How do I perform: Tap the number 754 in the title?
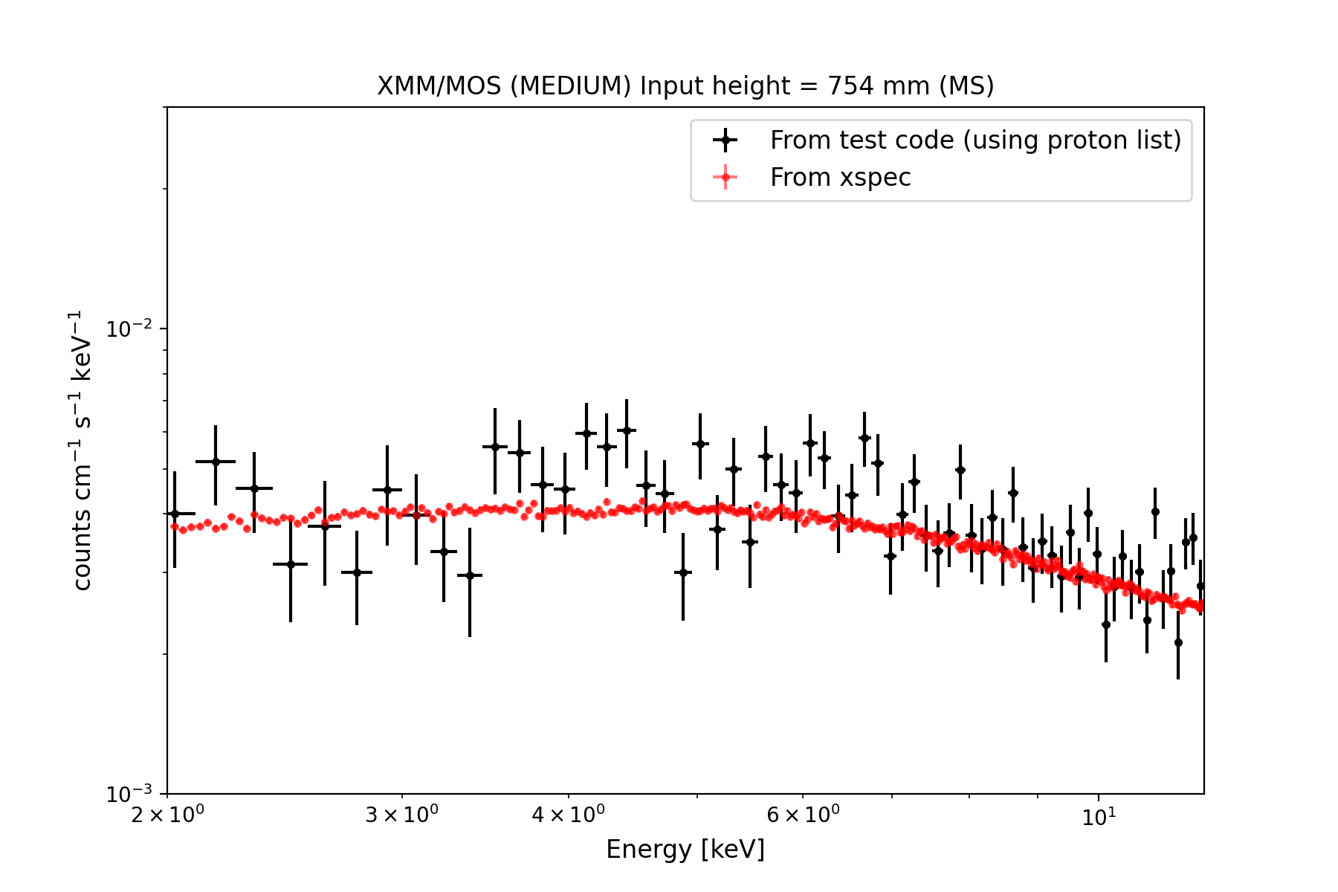tap(850, 86)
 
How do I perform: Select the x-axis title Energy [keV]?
tap(685, 849)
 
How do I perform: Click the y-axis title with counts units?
tap(82, 450)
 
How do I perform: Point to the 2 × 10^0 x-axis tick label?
tap(167, 816)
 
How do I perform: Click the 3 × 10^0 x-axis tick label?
tap(401, 816)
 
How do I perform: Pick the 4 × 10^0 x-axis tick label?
tap(568, 816)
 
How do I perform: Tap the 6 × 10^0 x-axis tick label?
tap(802, 816)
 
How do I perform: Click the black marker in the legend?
tap(725, 140)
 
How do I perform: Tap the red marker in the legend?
tap(725, 177)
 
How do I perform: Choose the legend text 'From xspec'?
tap(840, 178)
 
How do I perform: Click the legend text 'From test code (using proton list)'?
tap(975, 140)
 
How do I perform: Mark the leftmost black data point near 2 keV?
tap(175, 514)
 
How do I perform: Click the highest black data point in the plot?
tap(627, 430)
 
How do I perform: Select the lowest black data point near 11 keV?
tap(1177, 642)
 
